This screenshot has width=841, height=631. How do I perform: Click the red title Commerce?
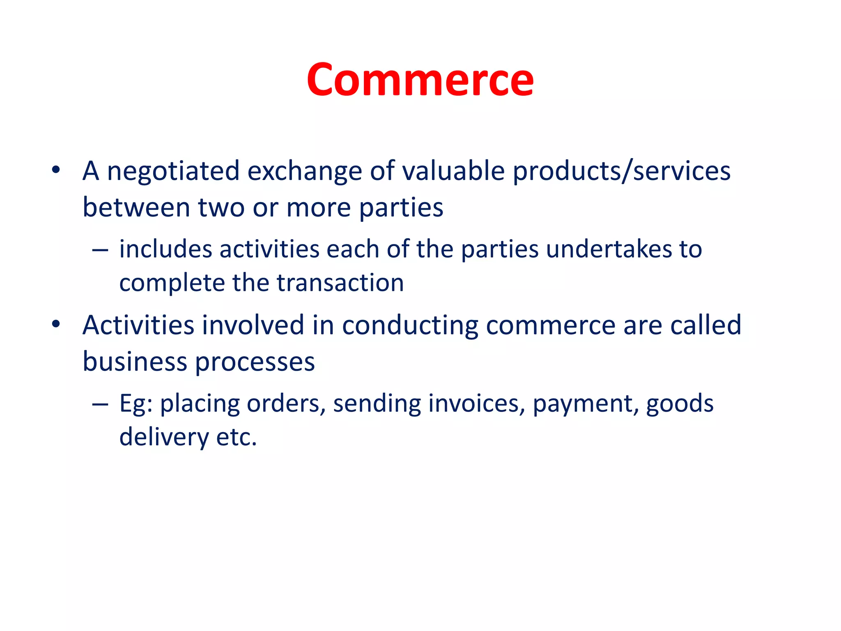(x=420, y=80)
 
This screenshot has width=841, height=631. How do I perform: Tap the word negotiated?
(x=173, y=171)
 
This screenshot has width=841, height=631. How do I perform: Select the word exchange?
(x=304, y=171)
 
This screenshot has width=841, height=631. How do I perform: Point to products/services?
(x=622, y=171)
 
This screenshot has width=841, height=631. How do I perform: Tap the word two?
(x=221, y=207)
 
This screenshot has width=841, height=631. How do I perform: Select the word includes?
(x=165, y=249)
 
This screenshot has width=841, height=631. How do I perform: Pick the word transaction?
(x=340, y=283)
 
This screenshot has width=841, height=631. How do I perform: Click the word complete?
(x=172, y=283)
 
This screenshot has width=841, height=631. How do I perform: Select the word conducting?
(x=410, y=326)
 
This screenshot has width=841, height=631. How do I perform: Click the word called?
(x=705, y=325)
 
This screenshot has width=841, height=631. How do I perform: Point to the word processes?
(x=255, y=362)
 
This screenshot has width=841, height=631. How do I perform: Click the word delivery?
(x=164, y=437)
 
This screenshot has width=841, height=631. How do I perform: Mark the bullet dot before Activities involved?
(x=56, y=324)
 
